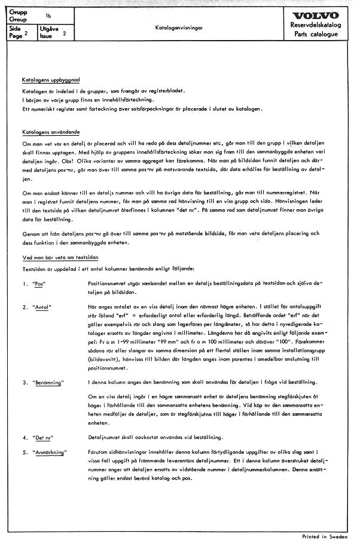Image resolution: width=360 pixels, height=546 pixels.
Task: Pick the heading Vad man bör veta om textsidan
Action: point(57,256)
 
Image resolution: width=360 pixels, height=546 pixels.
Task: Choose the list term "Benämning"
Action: point(50,382)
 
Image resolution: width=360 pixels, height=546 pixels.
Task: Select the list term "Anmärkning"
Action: point(50,453)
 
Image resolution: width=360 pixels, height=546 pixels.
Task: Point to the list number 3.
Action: point(25,382)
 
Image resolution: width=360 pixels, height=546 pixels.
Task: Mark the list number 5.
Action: point(25,453)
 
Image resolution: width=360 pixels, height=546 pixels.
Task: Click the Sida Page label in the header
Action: point(17,32)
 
